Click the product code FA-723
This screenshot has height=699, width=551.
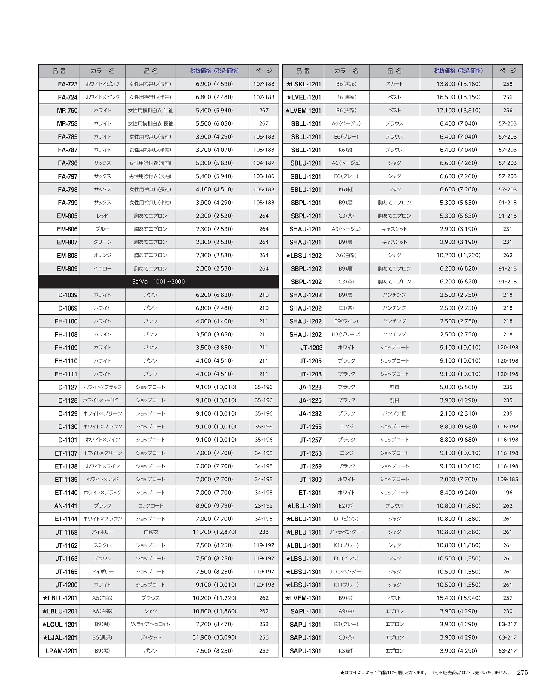coord(68,84)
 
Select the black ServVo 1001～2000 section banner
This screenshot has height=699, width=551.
coord(158,282)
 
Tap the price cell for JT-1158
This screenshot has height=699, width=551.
coord(214,532)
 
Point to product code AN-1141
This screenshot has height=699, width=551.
coord(66,506)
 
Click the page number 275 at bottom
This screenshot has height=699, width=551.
coord(522,673)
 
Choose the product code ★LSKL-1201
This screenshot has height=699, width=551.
coord(304,84)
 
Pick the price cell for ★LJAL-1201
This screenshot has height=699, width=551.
coord(214,637)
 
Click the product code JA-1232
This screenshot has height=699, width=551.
coord(310,414)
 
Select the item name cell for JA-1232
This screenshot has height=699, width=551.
coord(394,413)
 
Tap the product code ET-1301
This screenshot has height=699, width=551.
coord(310,493)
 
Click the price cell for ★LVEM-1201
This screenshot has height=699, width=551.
coord(458,111)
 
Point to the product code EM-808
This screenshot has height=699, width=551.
coord(67,256)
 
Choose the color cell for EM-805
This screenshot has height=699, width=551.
coord(102,216)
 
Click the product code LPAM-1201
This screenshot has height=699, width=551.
coord(62,651)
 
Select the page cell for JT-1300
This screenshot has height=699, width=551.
coord(508,479)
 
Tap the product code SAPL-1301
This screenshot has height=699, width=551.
coord(305,611)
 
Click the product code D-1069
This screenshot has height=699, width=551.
coord(68,308)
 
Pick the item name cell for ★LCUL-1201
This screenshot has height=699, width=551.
coord(150,624)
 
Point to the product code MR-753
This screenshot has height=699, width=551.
coord(67,124)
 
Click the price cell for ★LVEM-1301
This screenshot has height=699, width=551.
coord(458,598)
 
